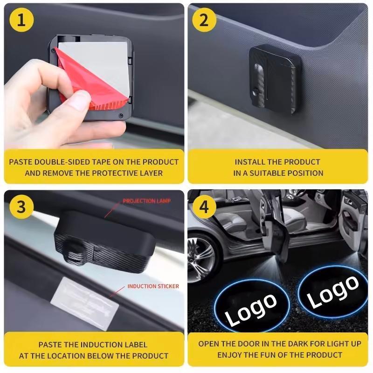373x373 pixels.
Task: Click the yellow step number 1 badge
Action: [x=21, y=21]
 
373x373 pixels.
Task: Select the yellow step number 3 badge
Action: [x=21, y=207]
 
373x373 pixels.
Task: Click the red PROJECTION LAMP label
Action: [x=146, y=201]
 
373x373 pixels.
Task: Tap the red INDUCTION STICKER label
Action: [x=153, y=286]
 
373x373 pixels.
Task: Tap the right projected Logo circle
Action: [x=333, y=292]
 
